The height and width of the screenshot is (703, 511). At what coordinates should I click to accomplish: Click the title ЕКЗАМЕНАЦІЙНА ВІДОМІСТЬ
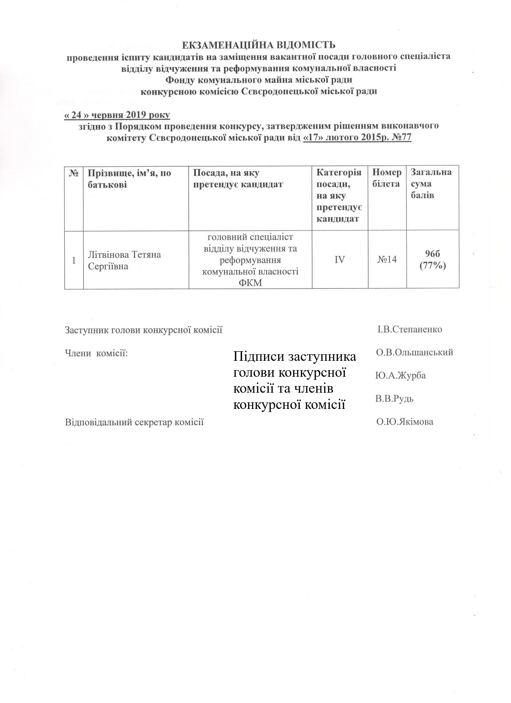pyautogui.click(x=258, y=45)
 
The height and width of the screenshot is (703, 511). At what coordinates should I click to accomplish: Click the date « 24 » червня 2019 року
pyautogui.click(x=117, y=115)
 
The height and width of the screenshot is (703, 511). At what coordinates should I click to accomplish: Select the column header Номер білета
pyautogui.click(x=387, y=178)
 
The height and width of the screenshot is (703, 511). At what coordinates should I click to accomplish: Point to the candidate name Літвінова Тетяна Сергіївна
pyautogui.click(x=124, y=260)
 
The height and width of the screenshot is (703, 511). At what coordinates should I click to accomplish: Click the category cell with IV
pyautogui.click(x=340, y=260)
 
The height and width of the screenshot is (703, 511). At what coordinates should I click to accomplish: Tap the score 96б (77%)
pyautogui.click(x=433, y=260)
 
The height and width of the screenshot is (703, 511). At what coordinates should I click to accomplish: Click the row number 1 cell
pyautogui.click(x=74, y=260)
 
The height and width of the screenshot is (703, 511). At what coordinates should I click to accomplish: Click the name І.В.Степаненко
pyautogui.click(x=409, y=329)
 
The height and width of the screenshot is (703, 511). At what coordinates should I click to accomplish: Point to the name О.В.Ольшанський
pyautogui.click(x=414, y=352)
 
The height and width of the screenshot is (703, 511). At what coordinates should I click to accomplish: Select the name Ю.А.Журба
pyautogui.click(x=400, y=376)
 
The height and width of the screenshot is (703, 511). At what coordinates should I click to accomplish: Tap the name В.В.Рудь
pyautogui.click(x=394, y=399)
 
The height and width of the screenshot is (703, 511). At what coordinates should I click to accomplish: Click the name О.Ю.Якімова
pyautogui.click(x=405, y=422)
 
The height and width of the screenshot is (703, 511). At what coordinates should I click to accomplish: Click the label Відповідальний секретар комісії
pyautogui.click(x=134, y=422)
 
